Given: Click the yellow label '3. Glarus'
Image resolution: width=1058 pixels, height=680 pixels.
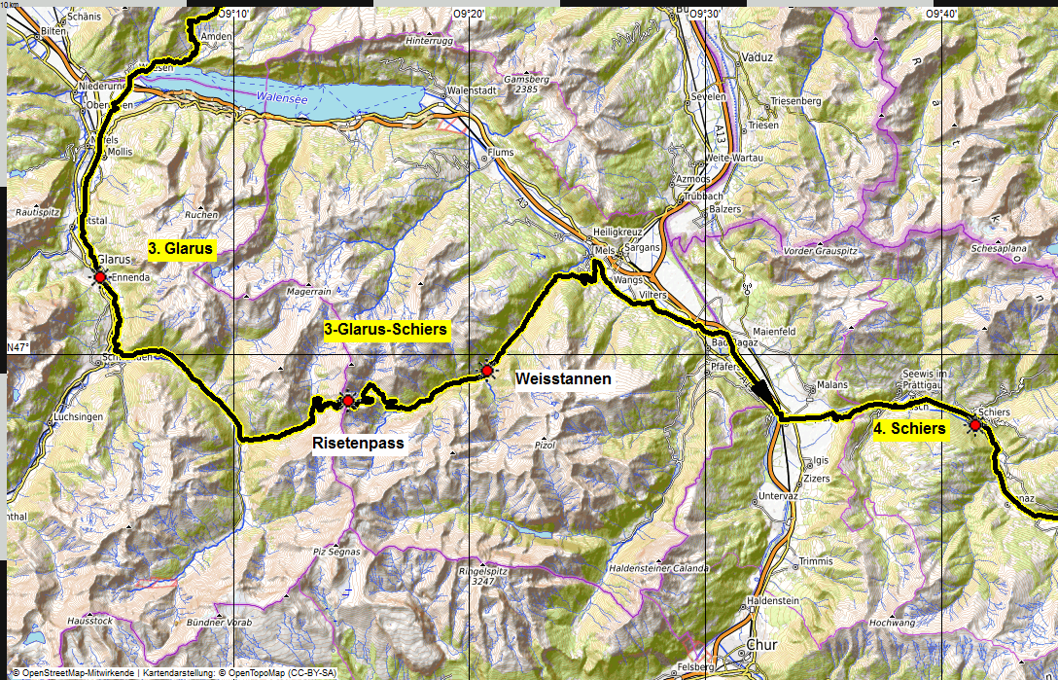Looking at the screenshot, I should coord(180,249).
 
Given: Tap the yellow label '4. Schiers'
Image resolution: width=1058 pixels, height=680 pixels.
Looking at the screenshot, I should coord(909,429).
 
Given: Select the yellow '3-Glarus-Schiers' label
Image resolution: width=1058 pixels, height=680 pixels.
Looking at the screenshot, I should coord(385,330).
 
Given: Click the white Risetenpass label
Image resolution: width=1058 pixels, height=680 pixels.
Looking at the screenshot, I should coord(357,444).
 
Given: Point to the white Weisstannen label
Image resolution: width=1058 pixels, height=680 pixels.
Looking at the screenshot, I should coord(563,378).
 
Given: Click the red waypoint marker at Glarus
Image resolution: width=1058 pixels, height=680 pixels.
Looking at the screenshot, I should coord(99,277).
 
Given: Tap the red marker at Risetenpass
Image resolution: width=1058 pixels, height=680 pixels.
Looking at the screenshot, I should coord(348,401).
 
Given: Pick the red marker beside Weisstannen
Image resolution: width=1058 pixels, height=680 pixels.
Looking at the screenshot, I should coord(487,371).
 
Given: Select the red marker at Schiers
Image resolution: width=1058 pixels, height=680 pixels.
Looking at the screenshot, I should coord(974,424).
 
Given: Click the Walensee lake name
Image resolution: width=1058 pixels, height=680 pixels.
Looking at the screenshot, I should coord(281,97).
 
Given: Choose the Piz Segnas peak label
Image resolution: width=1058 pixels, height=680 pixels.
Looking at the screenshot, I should coord(336,552).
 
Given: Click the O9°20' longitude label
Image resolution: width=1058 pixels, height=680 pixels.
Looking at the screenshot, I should coord(471,14).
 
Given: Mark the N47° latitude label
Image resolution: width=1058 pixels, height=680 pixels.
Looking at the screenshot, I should coord(18,348).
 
